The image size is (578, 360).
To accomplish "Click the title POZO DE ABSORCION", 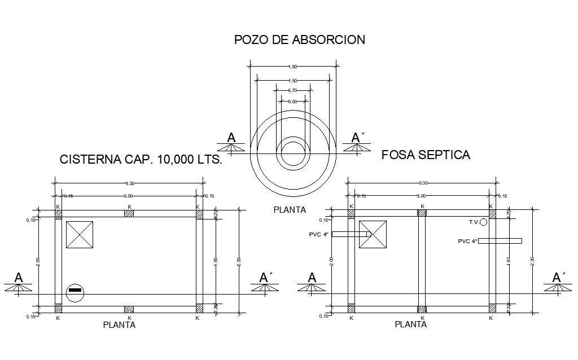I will [300, 39].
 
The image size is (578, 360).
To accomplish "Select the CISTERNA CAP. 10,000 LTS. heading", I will [141, 160].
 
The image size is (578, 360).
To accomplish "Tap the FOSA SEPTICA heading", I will [426, 155].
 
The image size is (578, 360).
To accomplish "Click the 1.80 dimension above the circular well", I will [293, 67].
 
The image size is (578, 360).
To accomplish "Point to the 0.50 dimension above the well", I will [292, 101].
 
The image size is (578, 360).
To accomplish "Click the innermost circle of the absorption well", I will [293, 153].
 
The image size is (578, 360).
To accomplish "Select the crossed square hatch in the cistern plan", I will [80, 235].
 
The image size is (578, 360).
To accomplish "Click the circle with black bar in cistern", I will [75, 292].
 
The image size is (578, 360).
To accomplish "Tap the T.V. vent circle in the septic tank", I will [483, 222].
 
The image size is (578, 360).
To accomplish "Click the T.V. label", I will [474, 222].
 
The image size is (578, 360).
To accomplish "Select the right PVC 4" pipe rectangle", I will [500, 241].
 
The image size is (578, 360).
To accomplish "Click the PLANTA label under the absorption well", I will [290, 210].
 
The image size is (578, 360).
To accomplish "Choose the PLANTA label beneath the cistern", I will [119, 325].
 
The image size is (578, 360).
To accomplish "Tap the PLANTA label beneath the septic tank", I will [410, 324].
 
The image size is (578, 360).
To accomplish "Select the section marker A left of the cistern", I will [19, 278].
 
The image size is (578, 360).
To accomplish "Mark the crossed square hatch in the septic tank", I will [373, 234].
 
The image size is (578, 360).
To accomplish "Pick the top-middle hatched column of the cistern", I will [129, 214].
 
